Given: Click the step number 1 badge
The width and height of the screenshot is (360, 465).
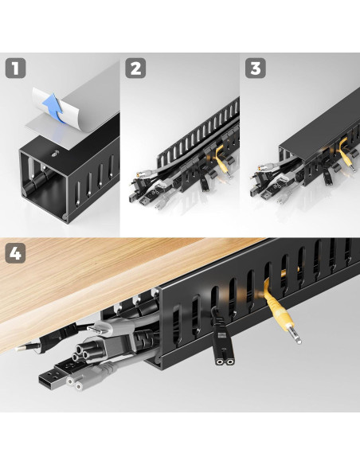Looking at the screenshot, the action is point(15,68).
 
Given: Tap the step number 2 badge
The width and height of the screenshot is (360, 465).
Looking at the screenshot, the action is point(135,68).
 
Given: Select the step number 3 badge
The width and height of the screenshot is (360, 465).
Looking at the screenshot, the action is point(256,68).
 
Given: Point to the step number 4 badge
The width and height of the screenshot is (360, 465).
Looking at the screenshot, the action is point(15,253).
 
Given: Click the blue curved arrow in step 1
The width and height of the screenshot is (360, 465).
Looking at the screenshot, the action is point(53,107).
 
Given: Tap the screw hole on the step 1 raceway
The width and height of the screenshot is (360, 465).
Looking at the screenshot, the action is point(55,154).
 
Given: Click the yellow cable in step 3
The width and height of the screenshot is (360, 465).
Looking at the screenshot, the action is point(345,157).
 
